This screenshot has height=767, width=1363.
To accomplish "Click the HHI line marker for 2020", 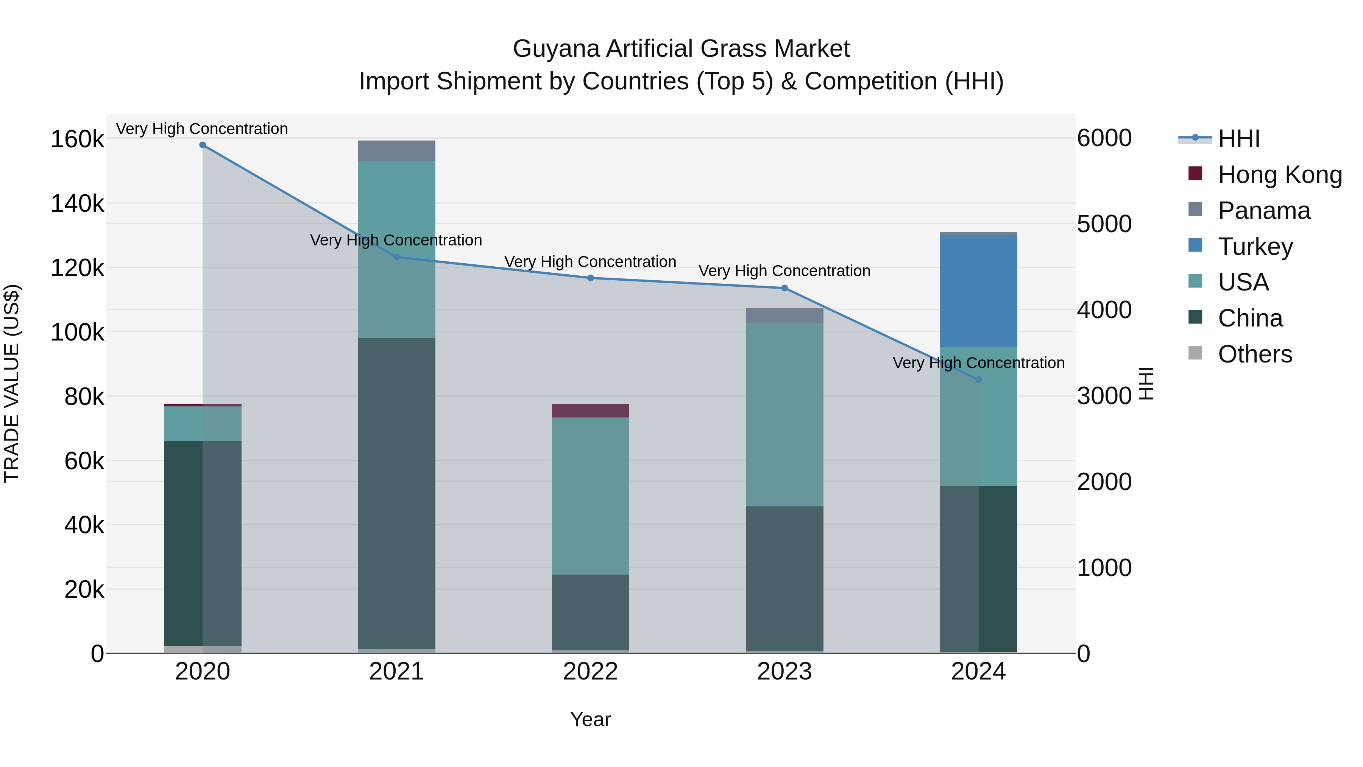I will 203,145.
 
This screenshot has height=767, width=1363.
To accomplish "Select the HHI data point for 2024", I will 978,380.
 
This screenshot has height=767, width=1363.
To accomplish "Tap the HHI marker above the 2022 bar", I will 591,278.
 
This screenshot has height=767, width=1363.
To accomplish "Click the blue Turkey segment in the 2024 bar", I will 978,291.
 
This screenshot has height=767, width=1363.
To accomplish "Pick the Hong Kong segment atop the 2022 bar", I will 591,411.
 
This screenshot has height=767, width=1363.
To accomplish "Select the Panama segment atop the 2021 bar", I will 396,151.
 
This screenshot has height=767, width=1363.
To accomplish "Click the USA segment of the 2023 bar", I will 785,414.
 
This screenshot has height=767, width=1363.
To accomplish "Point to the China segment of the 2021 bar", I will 396,492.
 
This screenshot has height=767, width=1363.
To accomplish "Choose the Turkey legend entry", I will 1255,247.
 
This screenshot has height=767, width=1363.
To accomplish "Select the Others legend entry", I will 1255,354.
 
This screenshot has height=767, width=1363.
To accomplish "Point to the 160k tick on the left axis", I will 77,140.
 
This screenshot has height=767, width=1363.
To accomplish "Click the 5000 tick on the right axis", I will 1104,224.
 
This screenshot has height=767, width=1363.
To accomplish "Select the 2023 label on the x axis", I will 785,672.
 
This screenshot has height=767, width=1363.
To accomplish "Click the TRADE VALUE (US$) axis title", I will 12,383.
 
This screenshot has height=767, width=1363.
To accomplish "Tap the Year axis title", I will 591,719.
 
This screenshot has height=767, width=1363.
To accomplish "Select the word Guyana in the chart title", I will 556,49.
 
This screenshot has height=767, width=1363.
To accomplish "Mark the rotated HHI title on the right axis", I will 1146,383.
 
